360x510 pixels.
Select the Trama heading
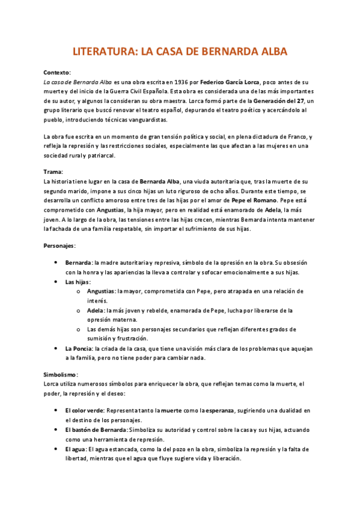pos(53,171)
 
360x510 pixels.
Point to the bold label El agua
pos(76,449)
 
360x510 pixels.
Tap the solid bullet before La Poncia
pos(56,348)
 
